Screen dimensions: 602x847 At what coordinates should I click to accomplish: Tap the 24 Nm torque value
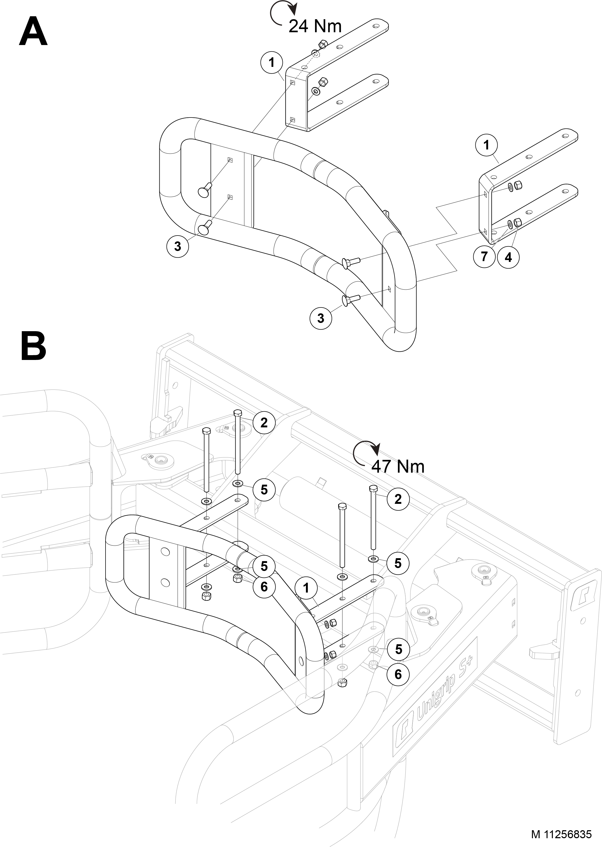point(315,26)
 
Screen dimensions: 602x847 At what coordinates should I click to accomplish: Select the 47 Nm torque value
point(398,466)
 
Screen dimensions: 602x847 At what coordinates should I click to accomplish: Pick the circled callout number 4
point(508,257)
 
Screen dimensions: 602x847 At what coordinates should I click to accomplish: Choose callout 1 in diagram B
point(306,588)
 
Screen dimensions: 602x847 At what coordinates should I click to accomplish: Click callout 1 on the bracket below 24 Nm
point(272,62)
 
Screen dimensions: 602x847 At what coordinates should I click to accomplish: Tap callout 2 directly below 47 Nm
point(398,499)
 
